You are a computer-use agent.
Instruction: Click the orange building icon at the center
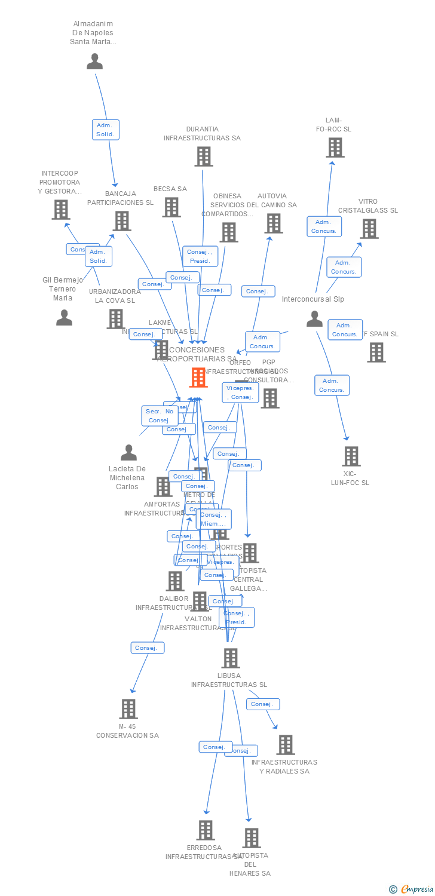pos(198,378)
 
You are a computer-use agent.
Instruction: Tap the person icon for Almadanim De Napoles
pos(94,62)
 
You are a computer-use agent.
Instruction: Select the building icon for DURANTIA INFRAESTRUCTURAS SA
pos(204,157)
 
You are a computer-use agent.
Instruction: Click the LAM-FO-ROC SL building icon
pos(335,148)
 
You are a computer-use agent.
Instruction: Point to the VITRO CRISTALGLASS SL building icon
pos(369,229)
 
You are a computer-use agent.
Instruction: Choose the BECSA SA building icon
pos(171,207)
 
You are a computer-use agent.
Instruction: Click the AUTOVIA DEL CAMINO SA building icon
pos(274,223)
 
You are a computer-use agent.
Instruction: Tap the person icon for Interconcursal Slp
pos(314,320)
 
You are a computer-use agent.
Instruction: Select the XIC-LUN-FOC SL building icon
pos(351,456)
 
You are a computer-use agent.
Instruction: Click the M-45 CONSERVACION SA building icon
pos(128,709)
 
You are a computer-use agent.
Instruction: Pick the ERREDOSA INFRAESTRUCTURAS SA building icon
pos(206,830)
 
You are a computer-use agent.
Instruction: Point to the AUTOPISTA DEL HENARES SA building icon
pos(252,838)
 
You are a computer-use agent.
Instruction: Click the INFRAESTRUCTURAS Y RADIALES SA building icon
pos(286,745)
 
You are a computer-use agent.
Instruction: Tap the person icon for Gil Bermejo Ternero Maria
pos(64,318)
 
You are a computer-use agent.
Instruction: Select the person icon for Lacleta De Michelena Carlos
pos(128,453)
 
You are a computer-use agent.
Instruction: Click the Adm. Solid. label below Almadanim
pos(106,130)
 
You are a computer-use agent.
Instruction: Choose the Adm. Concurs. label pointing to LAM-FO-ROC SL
pos(324,226)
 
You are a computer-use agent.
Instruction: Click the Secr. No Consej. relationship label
pos(160,416)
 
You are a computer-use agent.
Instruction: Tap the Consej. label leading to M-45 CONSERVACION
pos(147,648)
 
